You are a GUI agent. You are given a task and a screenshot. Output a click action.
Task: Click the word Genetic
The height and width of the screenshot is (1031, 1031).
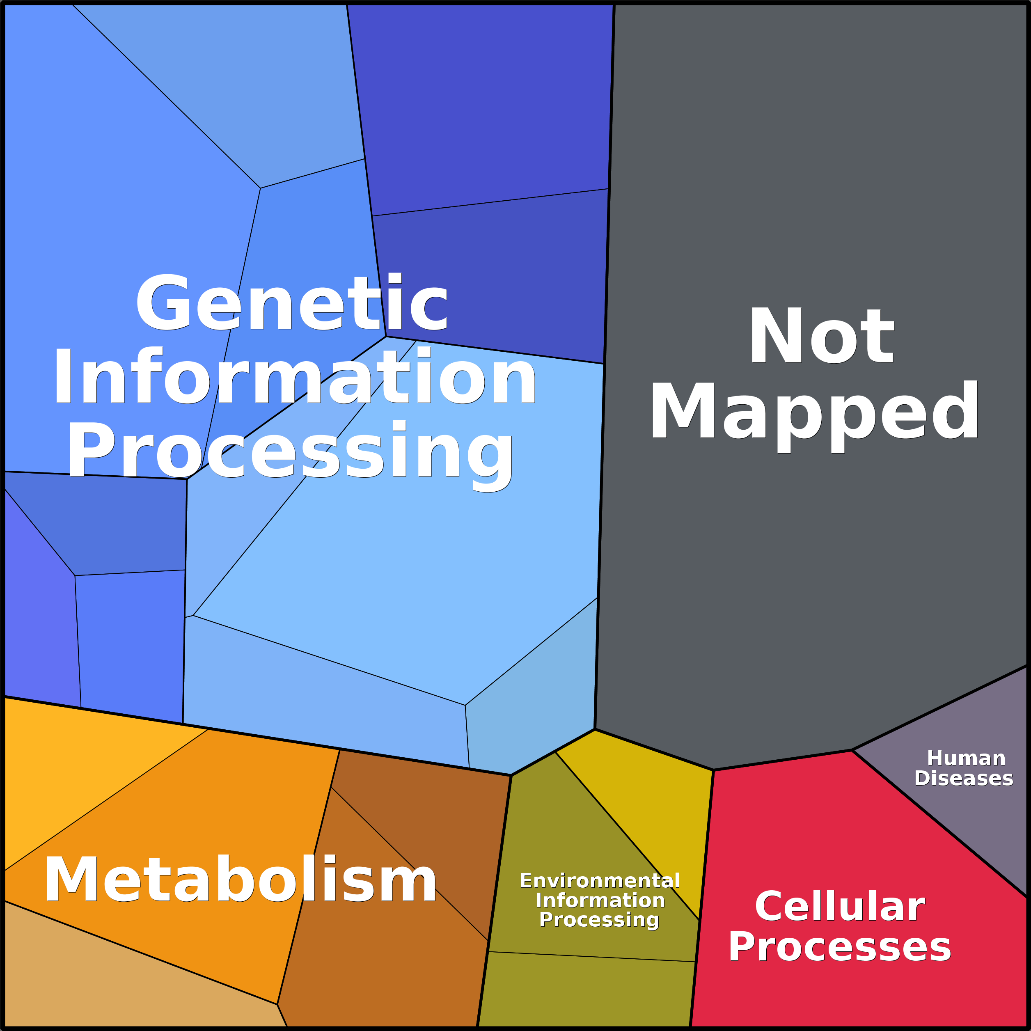[292, 302]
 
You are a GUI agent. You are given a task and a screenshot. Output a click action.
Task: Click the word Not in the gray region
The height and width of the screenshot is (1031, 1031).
[821, 336]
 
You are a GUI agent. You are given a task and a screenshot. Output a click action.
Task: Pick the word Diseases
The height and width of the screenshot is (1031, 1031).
[964, 779]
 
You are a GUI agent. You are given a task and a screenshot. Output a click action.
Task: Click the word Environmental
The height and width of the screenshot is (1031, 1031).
[599, 880]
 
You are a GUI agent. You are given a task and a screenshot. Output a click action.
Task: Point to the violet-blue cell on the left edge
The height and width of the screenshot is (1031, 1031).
[37, 614]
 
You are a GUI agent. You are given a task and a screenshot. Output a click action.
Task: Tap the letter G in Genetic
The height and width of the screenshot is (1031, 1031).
[163, 302]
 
